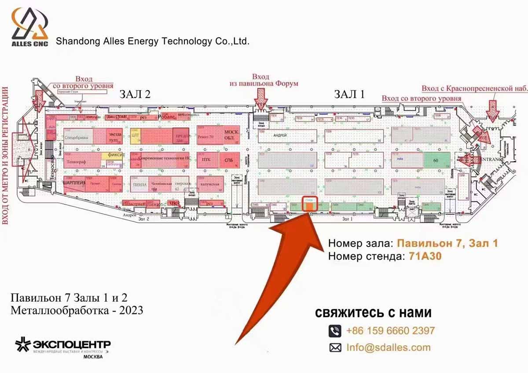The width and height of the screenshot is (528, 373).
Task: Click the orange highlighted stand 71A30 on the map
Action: pyautogui.click(x=310, y=205)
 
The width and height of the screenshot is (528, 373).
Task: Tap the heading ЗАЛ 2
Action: pyautogui.click(x=136, y=94)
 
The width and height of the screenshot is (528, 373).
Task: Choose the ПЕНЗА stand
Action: pyautogui.click(x=139, y=185)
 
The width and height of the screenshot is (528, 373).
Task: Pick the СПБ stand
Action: pyautogui.click(x=229, y=160)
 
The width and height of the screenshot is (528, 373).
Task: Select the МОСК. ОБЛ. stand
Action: pyautogui.click(x=231, y=135)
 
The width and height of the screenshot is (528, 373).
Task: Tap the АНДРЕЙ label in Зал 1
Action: pyautogui.click(x=280, y=135)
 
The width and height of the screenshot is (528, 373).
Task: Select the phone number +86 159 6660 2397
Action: pyautogui.click(x=390, y=330)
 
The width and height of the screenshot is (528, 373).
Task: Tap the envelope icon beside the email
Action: pyautogui.click(x=335, y=348)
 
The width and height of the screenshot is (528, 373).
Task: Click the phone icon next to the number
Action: pyautogui.click(x=335, y=330)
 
